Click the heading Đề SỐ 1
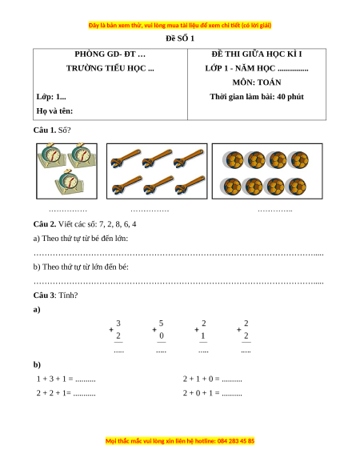[x=180, y=38]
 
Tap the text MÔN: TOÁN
[x=257, y=82]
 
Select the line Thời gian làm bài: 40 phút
[x=257, y=97]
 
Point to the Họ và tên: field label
[x=54, y=110]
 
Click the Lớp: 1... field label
[x=51, y=97]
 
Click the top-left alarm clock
[x=52, y=155]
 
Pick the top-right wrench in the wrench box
[x=189, y=158]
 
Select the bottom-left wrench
[x=127, y=185]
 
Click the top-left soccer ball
[x=233, y=160]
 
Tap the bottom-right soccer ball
[x=296, y=187]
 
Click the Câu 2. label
[x=45, y=224]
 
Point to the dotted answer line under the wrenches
[x=150, y=211]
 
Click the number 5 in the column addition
[x=161, y=323]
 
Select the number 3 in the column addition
[x=118, y=323]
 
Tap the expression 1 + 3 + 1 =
[x=54, y=379]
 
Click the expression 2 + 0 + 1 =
[x=201, y=393]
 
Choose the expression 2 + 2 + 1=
[x=54, y=393]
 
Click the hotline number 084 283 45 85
[x=236, y=440]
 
